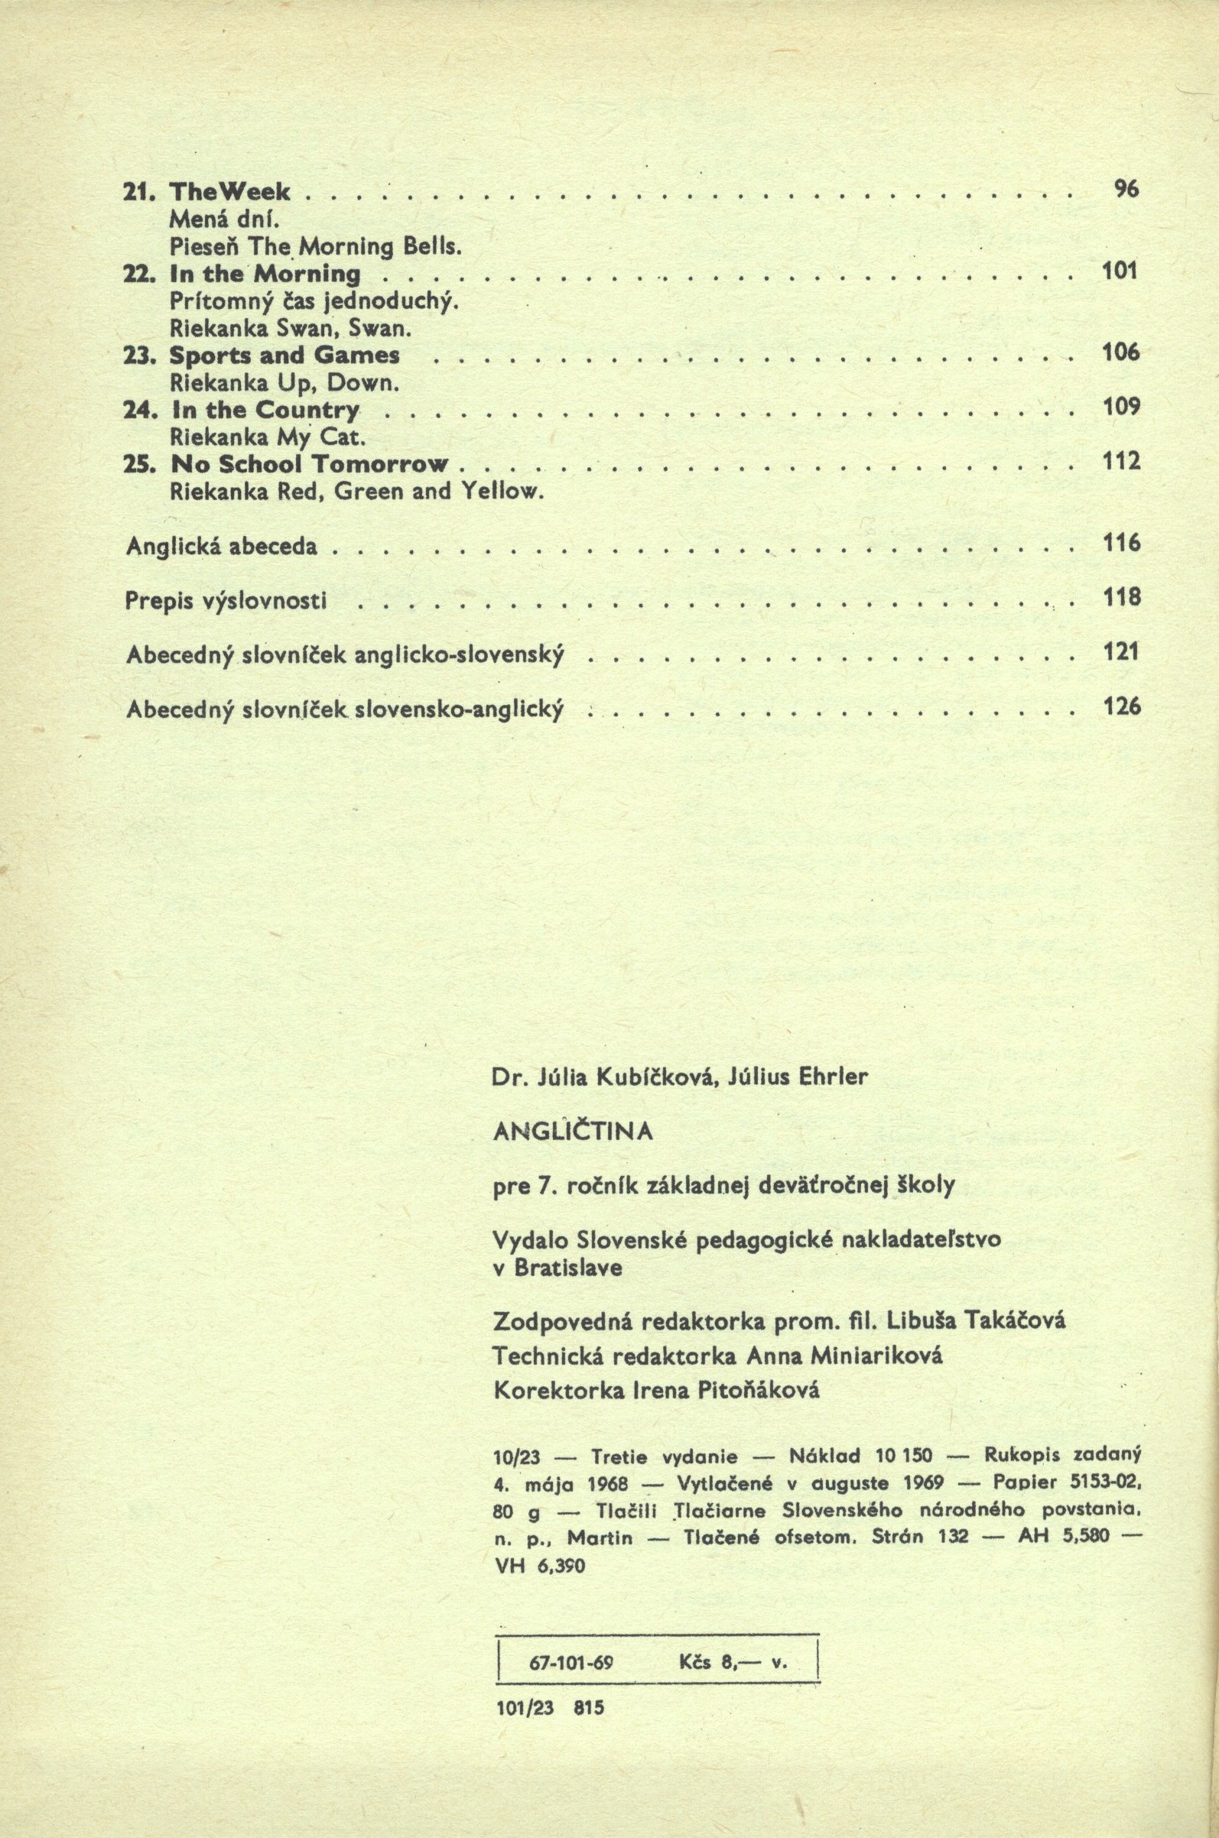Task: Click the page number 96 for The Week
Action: (x=1127, y=189)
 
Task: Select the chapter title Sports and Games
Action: (x=284, y=356)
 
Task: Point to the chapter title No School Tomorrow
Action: (x=310, y=464)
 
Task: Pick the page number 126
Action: (x=1121, y=706)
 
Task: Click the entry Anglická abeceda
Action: (x=222, y=547)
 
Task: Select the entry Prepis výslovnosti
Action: (x=225, y=602)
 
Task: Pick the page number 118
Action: (x=1121, y=597)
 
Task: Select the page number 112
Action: (x=1121, y=462)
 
